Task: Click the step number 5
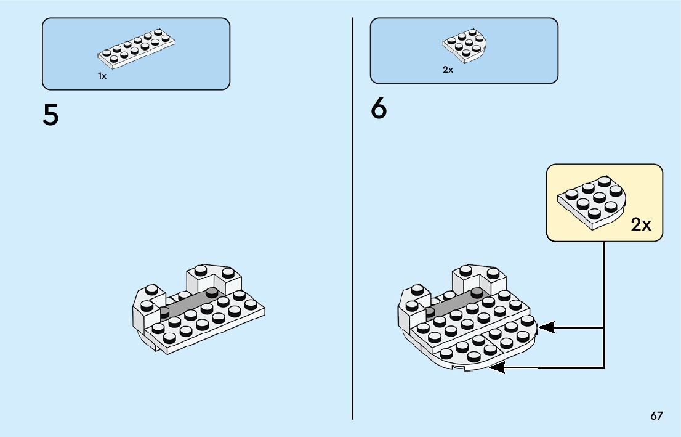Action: coord(50,115)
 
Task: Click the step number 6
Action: coord(379,110)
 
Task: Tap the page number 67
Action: coord(656,415)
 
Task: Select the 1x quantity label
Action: coord(102,75)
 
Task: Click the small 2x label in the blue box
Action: coord(448,70)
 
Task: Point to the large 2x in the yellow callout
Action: coord(640,224)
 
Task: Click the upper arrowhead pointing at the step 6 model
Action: coord(546,327)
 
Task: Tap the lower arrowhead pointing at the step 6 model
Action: coord(496,368)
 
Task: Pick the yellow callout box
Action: coord(604,202)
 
